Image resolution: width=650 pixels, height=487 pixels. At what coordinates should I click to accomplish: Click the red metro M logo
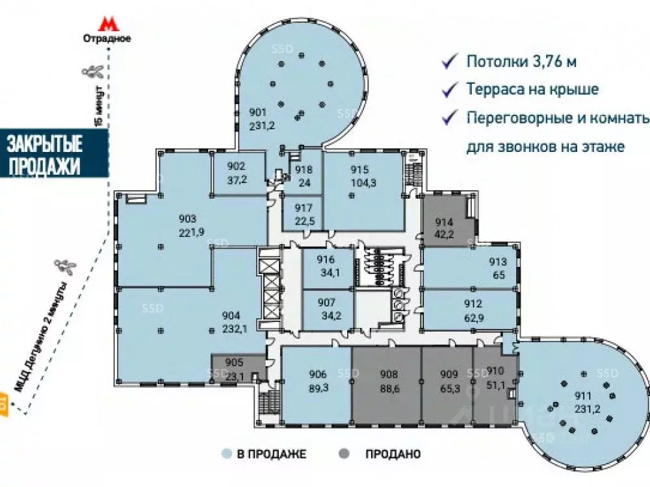click(x=107, y=24)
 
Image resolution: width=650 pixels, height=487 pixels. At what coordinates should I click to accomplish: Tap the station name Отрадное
click(x=107, y=38)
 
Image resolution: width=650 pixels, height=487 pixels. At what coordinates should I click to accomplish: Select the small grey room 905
click(x=233, y=368)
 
